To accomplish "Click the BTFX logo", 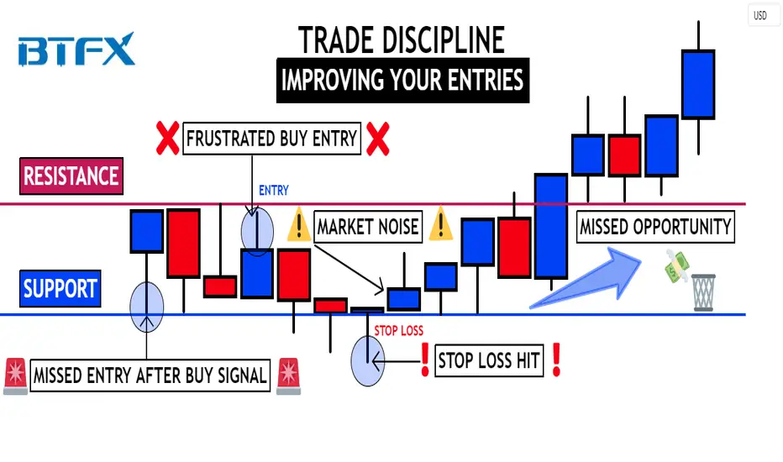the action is click(76, 49).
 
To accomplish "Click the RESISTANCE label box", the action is click(71, 176).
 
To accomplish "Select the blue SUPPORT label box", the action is click(60, 288).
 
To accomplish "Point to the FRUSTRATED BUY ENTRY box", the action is click(271, 139).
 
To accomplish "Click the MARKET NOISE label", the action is click(368, 227).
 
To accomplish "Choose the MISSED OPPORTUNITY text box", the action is click(655, 227).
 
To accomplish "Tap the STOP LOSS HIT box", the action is click(489, 360).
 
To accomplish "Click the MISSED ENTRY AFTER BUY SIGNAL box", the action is click(150, 375).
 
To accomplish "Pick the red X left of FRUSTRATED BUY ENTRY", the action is click(167, 139).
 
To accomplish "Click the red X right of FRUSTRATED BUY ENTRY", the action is click(377, 139).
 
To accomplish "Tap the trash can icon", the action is click(703, 292).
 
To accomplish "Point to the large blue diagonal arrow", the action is click(586, 279).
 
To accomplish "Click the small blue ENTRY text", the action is click(274, 191).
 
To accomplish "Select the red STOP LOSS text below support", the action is click(398, 331).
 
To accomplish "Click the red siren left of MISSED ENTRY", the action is click(15, 376).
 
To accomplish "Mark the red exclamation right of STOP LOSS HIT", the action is click(556, 360).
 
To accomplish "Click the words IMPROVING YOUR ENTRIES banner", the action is click(402, 80).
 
